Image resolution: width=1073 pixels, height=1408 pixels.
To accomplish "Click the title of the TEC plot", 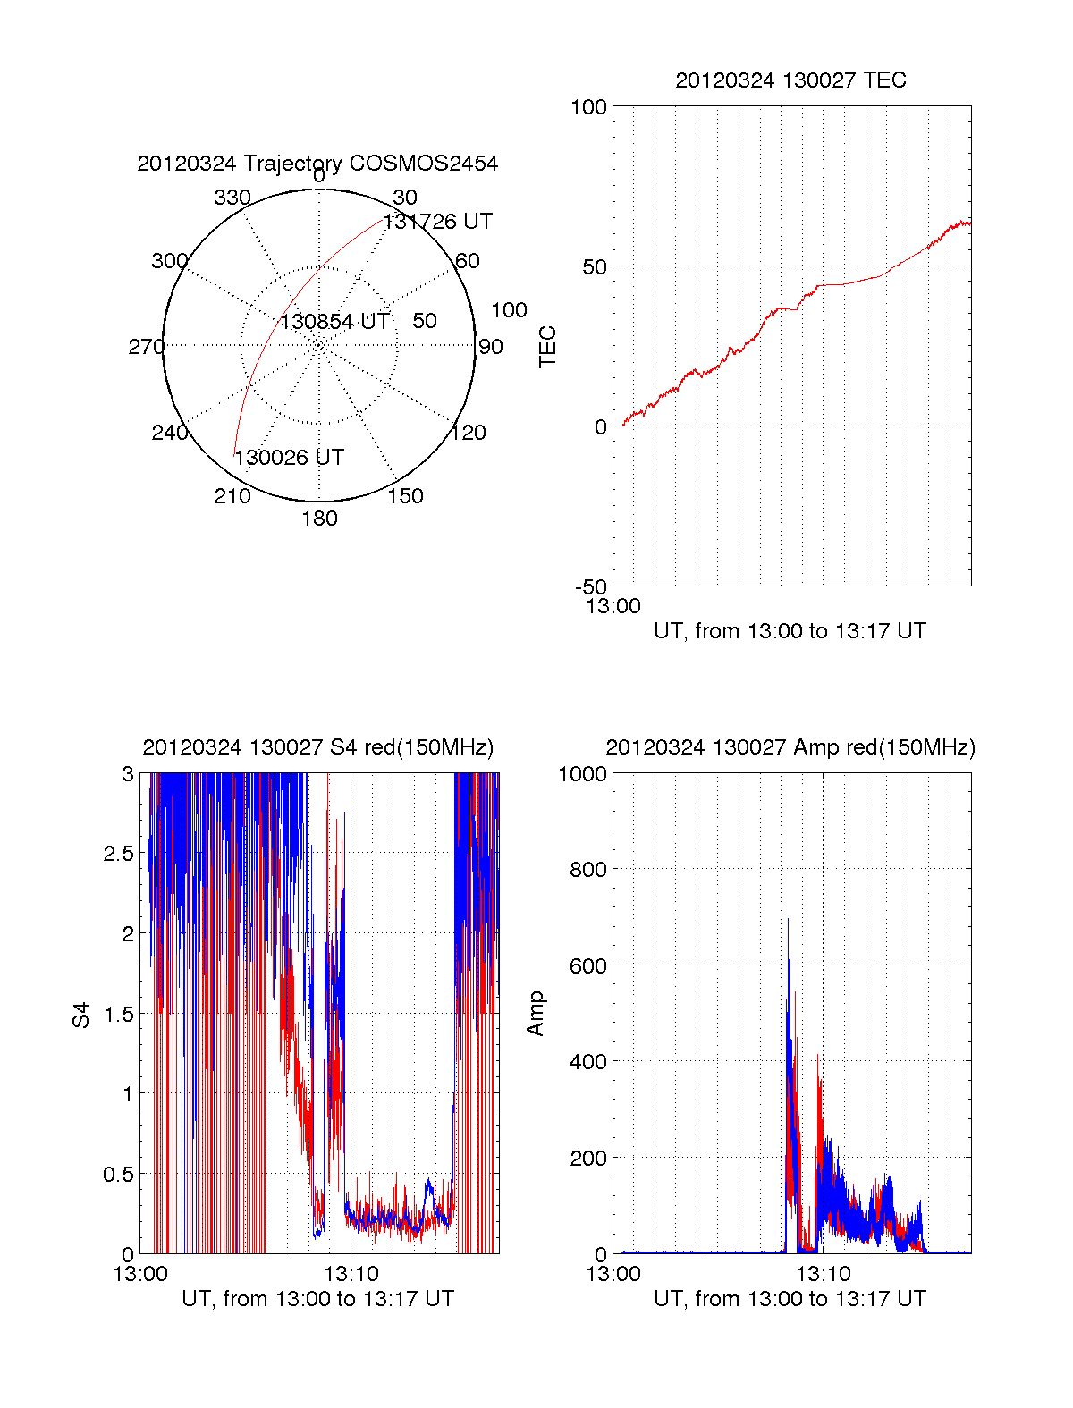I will [790, 80].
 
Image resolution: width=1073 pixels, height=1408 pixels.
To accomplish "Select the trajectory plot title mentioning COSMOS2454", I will [317, 164].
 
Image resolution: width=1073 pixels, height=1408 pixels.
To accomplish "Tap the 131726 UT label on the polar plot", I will [438, 222].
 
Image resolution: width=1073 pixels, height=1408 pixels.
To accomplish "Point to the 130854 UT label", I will [335, 322].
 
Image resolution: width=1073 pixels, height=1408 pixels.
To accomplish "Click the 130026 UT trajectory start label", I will [289, 458].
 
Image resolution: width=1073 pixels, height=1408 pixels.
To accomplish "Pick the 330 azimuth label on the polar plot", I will [232, 198].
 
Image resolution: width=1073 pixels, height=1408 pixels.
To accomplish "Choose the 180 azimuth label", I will [319, 519].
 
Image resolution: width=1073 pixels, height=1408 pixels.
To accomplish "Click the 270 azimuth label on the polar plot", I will [146, 347].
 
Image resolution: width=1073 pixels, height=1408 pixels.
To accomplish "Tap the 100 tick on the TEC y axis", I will [588, 107].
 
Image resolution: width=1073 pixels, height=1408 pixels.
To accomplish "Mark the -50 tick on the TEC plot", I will [590, 587].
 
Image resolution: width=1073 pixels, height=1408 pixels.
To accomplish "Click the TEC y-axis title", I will [547, 347].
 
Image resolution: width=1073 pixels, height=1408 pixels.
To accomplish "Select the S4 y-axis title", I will [81, 1015].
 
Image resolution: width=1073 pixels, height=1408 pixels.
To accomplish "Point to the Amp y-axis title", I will [536, 1014].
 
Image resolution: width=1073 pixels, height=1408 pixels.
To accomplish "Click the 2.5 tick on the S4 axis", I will [119, 854].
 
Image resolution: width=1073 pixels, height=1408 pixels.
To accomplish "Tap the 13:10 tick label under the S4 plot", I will [351, 1274].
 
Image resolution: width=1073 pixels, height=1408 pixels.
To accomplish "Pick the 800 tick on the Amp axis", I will [588, 869].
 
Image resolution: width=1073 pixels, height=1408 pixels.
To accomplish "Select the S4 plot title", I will [317, 747].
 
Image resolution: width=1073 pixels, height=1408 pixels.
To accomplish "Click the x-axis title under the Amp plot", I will [790, 1299].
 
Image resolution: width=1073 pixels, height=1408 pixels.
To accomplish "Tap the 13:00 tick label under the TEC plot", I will [613, 606].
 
